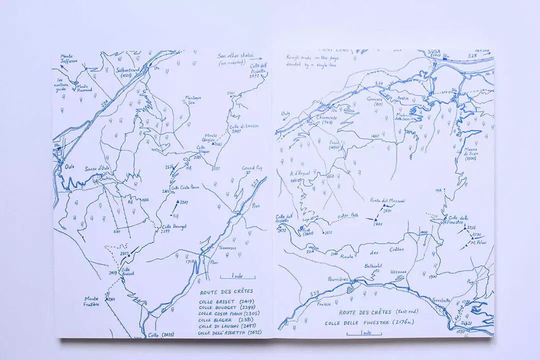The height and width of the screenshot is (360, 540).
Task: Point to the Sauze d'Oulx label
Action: click(x=96, y=168)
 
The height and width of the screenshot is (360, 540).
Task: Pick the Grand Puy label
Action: click(x=252, y=168)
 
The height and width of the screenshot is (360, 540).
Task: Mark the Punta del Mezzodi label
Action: click(x=388, y=201)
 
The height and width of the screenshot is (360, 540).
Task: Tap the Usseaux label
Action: click(x=398, y=271)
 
